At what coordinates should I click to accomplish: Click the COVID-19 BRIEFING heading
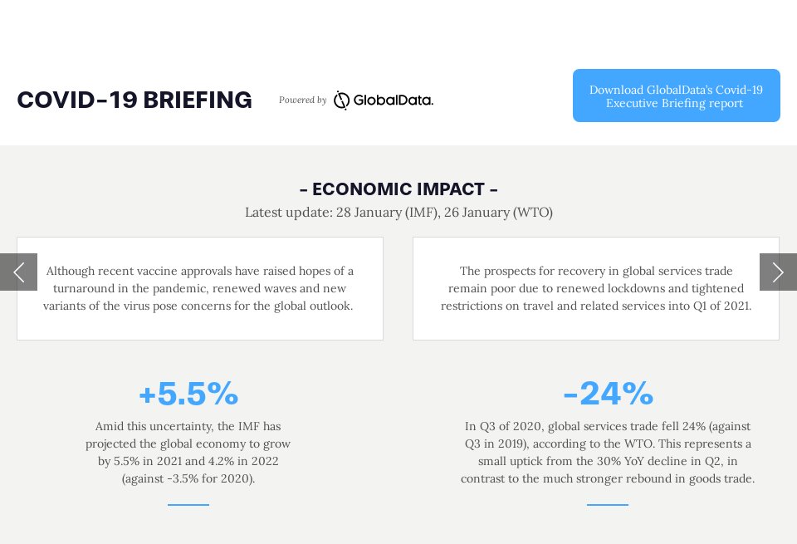tap(134, 100)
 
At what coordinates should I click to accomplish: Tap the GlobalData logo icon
tap(341, 100)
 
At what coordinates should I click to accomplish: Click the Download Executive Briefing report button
tap(676, 96)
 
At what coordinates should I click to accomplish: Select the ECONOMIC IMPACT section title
tap(398, 189)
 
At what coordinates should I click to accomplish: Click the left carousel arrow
tap(18, 272)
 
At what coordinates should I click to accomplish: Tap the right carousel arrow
tap(778, 272)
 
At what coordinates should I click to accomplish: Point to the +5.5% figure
tap(188, 393)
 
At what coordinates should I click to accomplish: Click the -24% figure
tap(609, 393)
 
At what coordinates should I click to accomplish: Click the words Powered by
tap(302, 100)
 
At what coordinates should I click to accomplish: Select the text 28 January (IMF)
tap(388, 212)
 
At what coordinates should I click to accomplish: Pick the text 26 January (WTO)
tap(498, 212)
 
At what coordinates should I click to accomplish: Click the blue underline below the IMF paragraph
tap(188, 505)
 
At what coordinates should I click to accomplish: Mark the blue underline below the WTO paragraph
tap(608, 505)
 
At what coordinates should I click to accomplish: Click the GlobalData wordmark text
tap(394, 100)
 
